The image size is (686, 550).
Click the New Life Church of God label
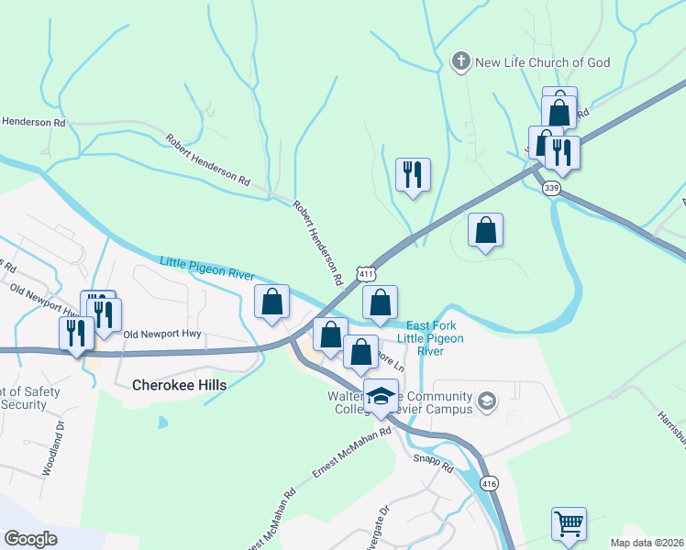coord(540,62)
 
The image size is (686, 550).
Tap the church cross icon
coord(460,62)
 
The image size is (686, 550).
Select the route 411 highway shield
coord(367,274)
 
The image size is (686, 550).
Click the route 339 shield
coord(551,188)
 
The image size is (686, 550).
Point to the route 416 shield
coord(488,483)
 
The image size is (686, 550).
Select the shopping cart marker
coord(569,525)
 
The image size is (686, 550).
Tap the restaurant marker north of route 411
coord(413,174)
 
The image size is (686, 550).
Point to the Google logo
coord(31,539)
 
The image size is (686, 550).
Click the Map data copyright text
coord(647,543)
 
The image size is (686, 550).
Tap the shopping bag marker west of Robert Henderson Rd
coord(271,302)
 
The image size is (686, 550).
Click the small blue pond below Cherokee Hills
coord(162,423)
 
